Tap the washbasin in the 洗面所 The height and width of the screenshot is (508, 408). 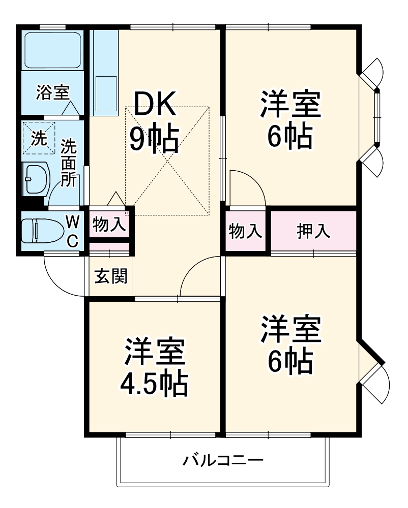[x=36, y=178]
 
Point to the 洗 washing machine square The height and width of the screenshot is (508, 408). [x=39, y=138]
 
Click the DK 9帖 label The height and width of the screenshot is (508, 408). [x=154, y=122]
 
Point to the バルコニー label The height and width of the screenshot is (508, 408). [x=223, y=461]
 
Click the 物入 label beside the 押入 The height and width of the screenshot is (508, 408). [x=246, y=231]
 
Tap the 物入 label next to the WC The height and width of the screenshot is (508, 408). [x=109, y=224]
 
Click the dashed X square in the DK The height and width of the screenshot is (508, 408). [x=167, y=160]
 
